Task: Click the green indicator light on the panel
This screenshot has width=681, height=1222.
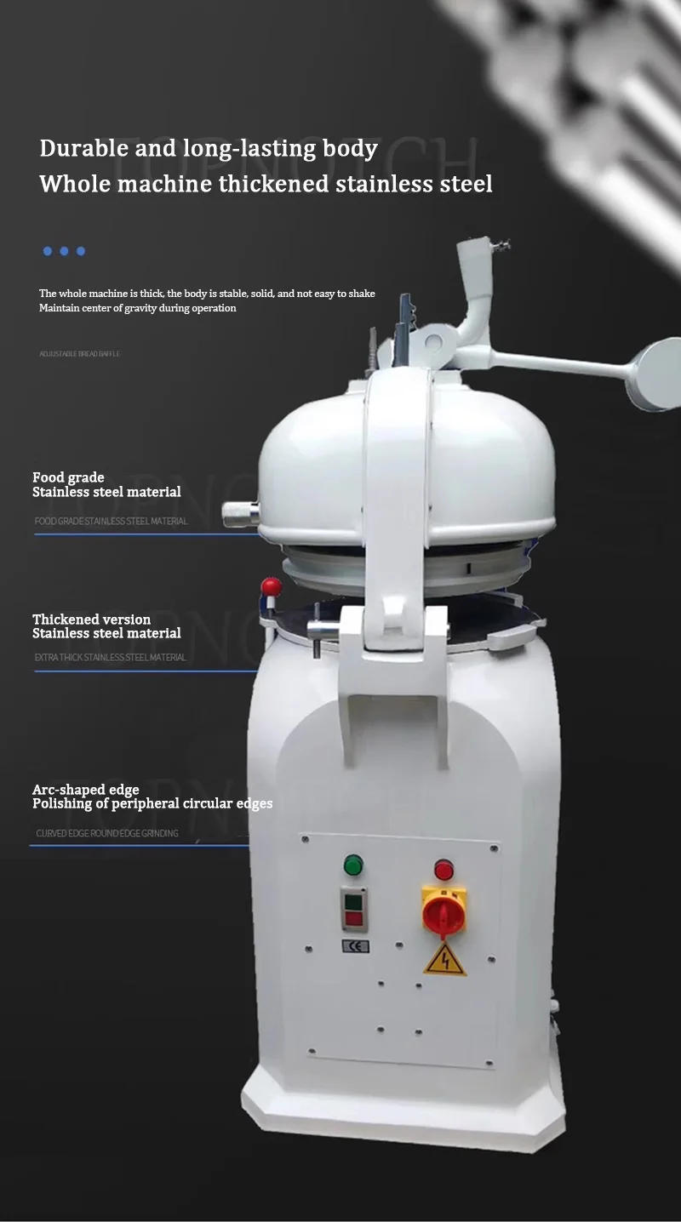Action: (352, 865)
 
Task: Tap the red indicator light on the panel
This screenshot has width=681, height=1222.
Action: (444, 870)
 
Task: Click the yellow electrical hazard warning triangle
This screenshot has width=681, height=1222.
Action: (444, 959)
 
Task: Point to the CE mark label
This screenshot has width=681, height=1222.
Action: (356, 946)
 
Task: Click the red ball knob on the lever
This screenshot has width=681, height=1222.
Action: (271, 586)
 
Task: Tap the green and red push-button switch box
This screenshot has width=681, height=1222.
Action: (353, 909)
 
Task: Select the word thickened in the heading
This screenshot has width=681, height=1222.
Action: (274, 184)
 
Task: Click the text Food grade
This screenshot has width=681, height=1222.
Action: (68, 477)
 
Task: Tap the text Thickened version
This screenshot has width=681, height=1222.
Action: (91, 619)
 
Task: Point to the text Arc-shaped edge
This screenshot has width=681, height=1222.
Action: (85, 790)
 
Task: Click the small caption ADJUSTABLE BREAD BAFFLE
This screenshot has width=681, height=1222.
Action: (79, 353)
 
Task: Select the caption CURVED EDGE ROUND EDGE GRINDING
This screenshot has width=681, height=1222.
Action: (107, 833)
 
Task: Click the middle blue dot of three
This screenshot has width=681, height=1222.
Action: (64, 251)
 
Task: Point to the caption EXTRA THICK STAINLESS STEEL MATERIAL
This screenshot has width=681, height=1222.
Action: (110, 657)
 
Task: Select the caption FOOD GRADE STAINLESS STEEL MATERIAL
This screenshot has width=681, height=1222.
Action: (111, 521)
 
